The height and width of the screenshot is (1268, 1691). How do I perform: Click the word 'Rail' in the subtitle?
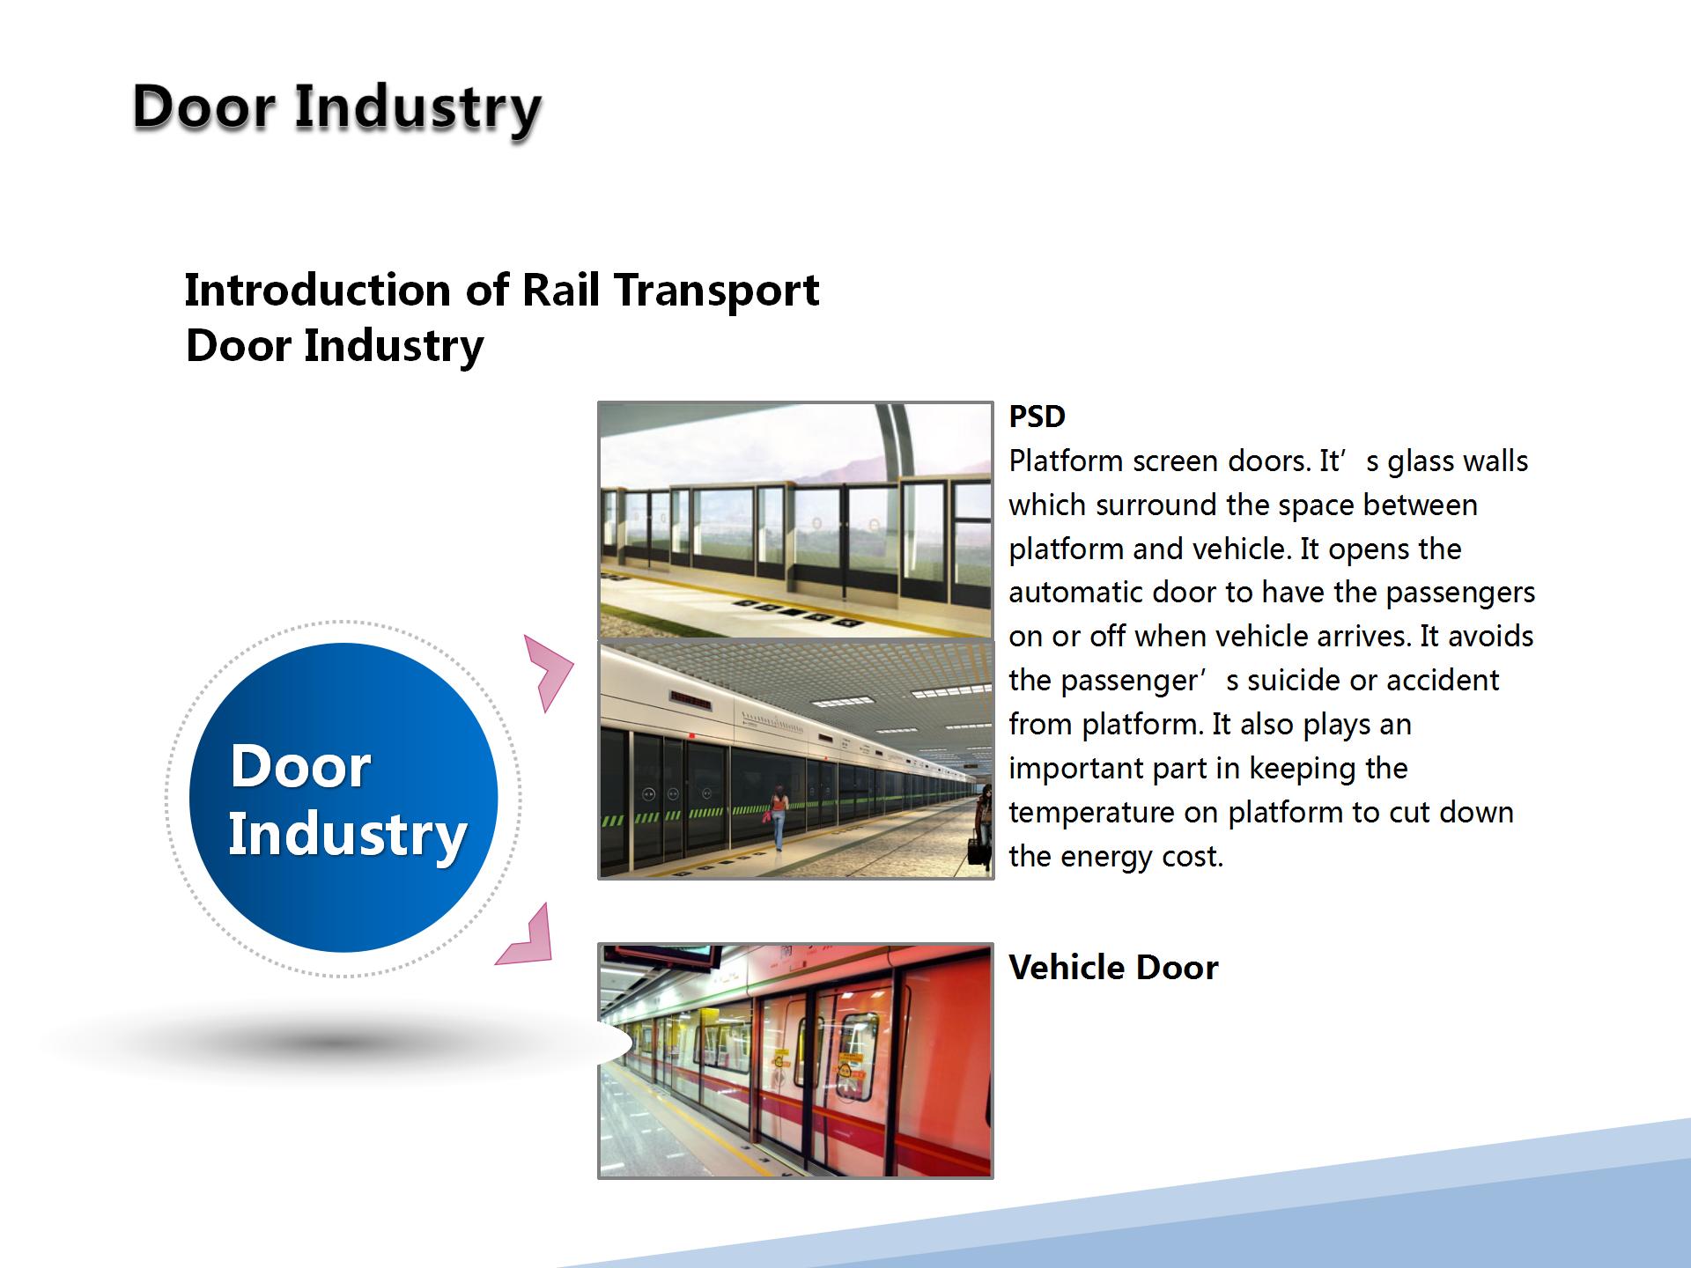562,290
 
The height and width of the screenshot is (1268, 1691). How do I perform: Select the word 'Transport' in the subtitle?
717,291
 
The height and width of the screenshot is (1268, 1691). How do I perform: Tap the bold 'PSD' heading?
1037,417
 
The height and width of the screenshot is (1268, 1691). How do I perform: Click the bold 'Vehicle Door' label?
1113,967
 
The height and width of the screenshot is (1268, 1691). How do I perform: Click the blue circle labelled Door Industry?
343,798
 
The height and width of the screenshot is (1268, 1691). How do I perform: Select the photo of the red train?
795,1061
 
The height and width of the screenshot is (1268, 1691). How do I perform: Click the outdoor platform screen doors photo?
795,520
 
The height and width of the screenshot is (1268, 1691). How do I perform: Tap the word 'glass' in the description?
1418,462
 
